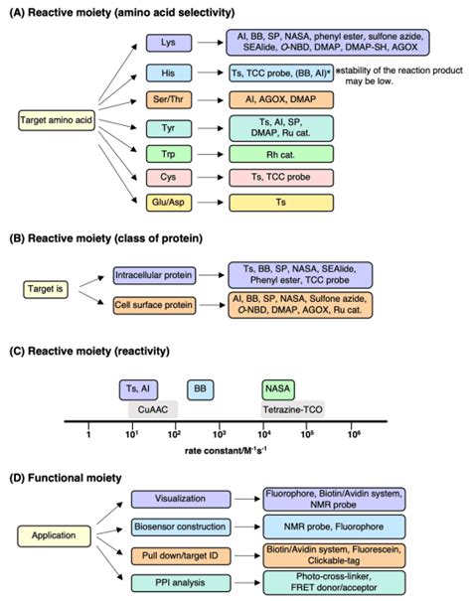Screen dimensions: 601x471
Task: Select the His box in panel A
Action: [x=164, y=72]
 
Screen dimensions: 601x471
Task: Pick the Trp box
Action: [x=164, y=154]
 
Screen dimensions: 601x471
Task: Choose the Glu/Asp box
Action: [x=164, y=203]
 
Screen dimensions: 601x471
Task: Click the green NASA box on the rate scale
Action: [x=278, y=388]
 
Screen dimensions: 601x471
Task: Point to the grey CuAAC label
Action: [x=152, y=406]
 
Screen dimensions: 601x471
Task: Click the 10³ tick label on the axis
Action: [x=219, y=433]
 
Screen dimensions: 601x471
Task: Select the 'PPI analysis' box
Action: [x=164, y=579]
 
